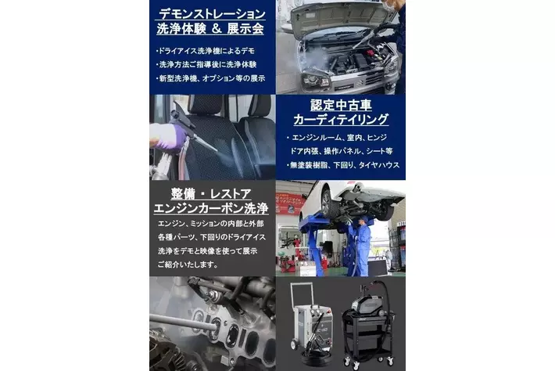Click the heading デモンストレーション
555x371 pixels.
point(212,14)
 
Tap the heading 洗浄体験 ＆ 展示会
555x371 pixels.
point(210,29)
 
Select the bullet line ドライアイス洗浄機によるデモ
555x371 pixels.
point(206,51)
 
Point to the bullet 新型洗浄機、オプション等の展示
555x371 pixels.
point(210,78)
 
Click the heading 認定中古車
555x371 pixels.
point(341,105)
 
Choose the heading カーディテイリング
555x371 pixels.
point(341,120)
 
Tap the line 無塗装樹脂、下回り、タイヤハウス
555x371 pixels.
point(342,165)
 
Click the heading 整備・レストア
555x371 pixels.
point(211,193)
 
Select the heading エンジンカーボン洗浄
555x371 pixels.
point(211,208)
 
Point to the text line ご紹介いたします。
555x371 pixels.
point(188,265)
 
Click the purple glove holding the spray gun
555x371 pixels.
point(169,138)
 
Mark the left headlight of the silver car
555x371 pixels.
point(315,82)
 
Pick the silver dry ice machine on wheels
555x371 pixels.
point(311,321)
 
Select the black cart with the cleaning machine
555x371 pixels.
point(367,326)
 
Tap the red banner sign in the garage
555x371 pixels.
point(289,204)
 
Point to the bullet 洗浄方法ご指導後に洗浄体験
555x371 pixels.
point(206,64)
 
